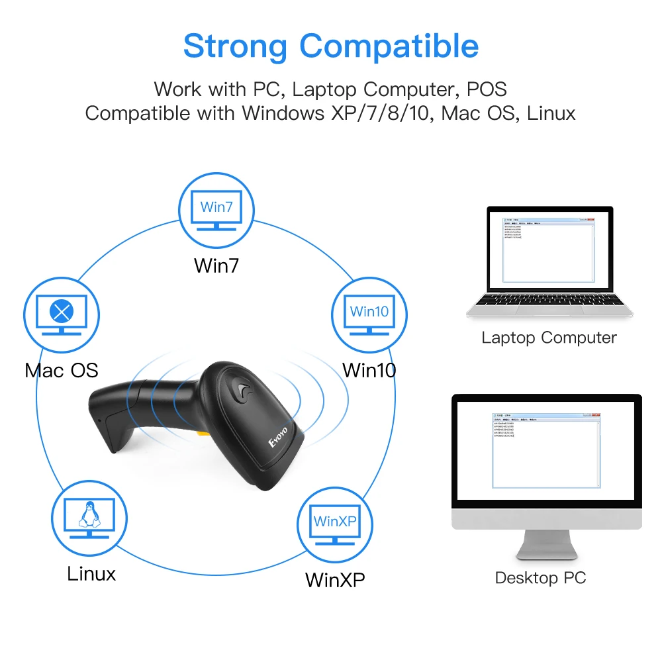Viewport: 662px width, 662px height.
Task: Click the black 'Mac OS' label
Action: click(62, 369)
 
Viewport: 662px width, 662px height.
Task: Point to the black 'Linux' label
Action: click(91, 573)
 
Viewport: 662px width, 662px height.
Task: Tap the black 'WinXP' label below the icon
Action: click(335, 580)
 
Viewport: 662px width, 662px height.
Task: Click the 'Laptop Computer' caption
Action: click(549, 338)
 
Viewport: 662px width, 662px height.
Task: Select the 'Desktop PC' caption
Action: click(540, 578)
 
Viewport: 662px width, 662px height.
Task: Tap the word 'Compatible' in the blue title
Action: click(389, 46)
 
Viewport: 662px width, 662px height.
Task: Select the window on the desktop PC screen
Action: click(547, 450)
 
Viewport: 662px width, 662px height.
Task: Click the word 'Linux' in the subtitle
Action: click(551, 113)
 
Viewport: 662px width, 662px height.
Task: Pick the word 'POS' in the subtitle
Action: click(486, 88)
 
